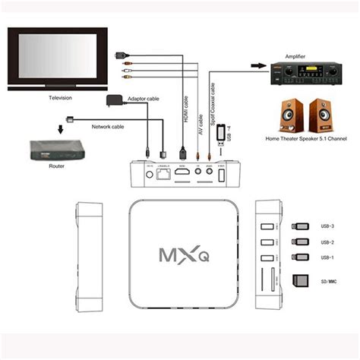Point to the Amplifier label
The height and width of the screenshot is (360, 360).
(x=295, y=56)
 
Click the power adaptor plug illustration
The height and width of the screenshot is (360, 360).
(x=115, y=103)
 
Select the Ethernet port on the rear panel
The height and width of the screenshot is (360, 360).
(x=162, y=175)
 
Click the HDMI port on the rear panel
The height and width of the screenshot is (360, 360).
(x=184, y=175)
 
